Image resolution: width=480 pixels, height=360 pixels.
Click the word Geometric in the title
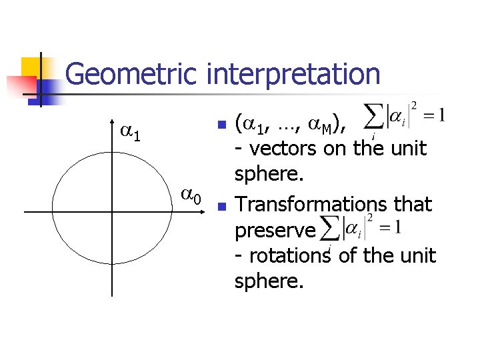click(x=133, y=75)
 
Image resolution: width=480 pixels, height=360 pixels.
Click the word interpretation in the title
click(x=293, y=75)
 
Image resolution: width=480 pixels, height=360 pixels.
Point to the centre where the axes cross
click(x=112, y=212)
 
